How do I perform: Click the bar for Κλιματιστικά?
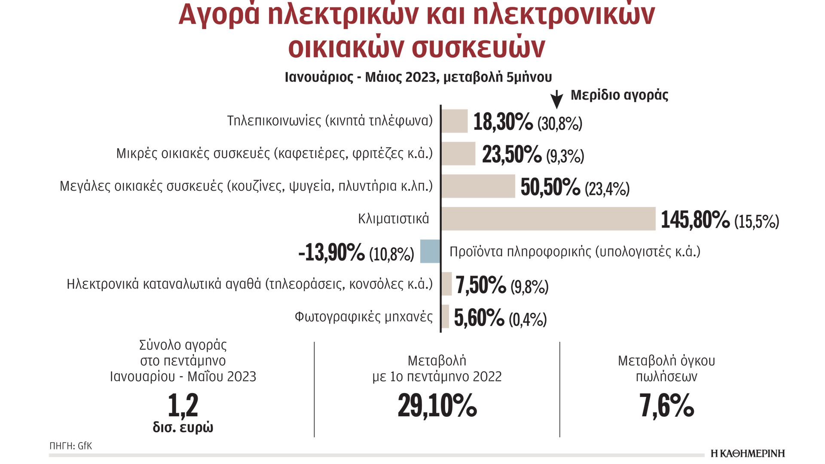click(x=548, y=219)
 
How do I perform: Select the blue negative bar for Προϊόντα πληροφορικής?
click(x=430, y=251)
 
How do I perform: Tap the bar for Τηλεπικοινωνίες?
click(x=455, y=121)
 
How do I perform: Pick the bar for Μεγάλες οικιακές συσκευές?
click(x=478, y=186)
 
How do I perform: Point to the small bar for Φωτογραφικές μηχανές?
click(x=446, y=317)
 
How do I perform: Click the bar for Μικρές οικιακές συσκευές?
click(x=458, y=153)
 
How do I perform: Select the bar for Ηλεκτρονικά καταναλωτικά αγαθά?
click(x=447, y=284)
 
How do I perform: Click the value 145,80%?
click(x=695, y=220)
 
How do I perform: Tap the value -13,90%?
click(x=331, y=252)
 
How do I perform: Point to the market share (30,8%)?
click(x=560, y=124)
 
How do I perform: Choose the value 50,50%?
click(x=550, y=187)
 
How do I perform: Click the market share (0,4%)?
click(x=528, y=320)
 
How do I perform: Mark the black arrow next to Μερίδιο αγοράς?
click(x=556, y=99)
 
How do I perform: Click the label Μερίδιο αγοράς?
click(x=619, y=95)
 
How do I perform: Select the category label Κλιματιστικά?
click(x=393, y=219)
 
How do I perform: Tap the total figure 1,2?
click(x=183, y=405)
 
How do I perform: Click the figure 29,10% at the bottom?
click(x=437, y=405)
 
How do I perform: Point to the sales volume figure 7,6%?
click(x=666, y=405)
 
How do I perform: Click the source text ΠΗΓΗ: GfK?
click(x=71, y=446)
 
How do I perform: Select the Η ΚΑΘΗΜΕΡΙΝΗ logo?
click(x=748, y=454)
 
